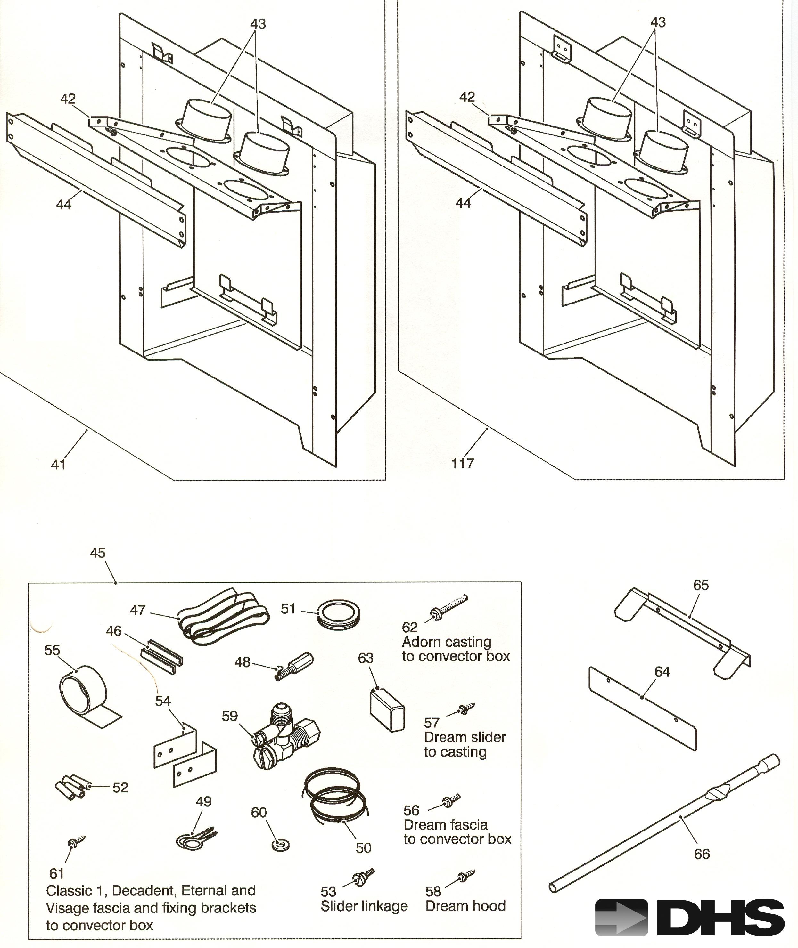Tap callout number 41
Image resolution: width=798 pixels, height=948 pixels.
(58, 465)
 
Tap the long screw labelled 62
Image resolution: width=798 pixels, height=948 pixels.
(450, 607)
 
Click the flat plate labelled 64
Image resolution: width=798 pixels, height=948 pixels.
(642, 710)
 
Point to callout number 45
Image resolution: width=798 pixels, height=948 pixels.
(98, 553)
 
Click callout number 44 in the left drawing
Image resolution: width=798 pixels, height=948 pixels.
(64, 205)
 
